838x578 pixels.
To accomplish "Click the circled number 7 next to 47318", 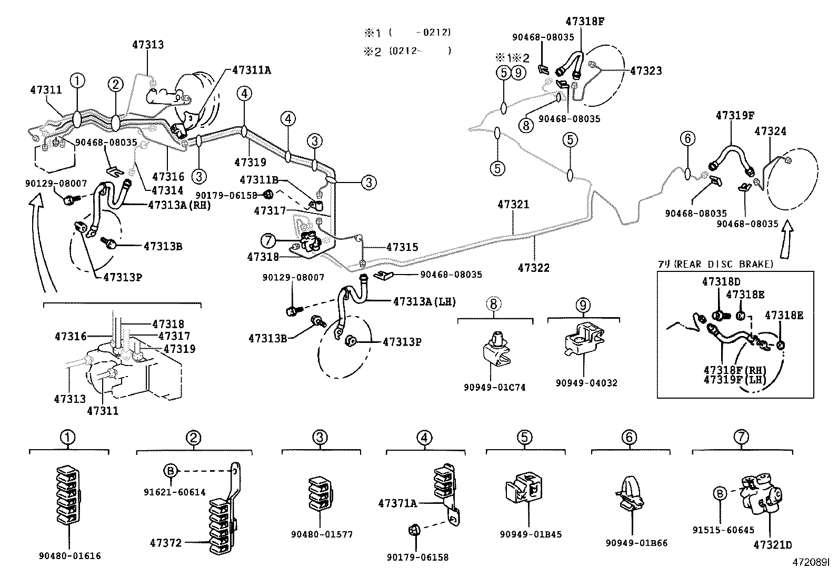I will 268,241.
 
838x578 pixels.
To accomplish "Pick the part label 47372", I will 165,542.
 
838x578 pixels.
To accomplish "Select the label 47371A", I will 397,503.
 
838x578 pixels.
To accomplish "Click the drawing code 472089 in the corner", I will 811,562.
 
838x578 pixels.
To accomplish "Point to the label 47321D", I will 772,545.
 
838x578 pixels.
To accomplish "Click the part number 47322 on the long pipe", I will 533,268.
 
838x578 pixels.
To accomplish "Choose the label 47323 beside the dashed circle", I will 646,70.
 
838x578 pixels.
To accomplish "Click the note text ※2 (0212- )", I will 407,51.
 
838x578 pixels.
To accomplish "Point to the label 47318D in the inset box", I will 721,282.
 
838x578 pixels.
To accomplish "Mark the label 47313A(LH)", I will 424,301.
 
